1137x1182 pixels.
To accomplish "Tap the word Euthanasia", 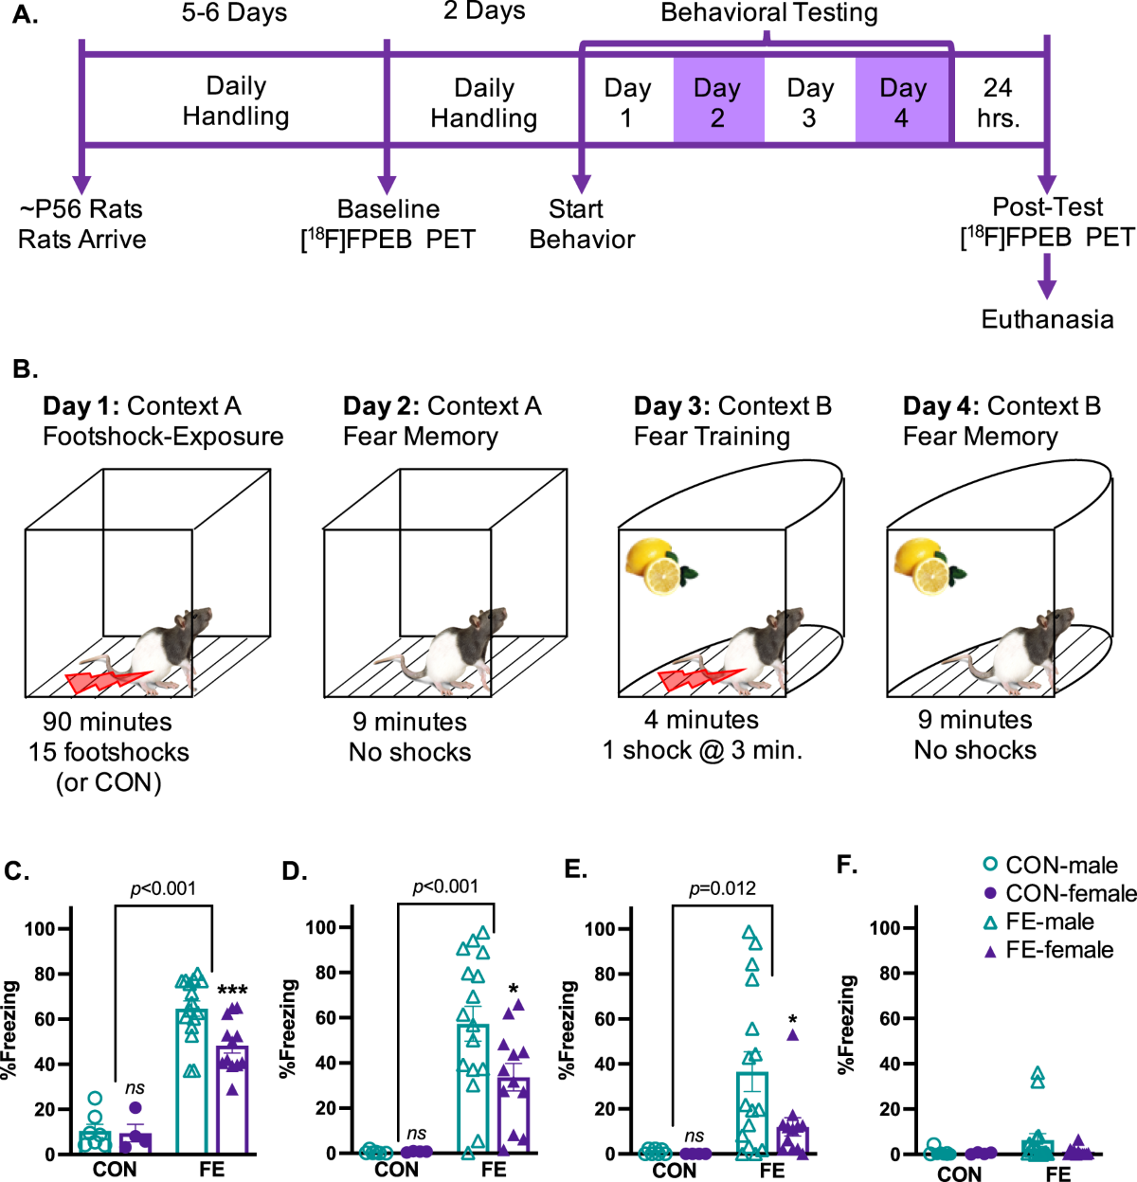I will pyautogui.click(x=1047, y=319).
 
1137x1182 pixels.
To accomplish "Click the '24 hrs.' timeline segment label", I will pyautogui.click(x=998, y=102).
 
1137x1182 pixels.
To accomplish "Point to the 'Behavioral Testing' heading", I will pyautogui.click(x=768, y=13).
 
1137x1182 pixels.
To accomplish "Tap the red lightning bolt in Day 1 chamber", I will pyautogui.click(x=107, y=680).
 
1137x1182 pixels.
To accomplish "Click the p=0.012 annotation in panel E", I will pyautogui.click(x=722, y=888).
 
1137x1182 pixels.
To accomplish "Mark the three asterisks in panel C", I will pyautogui.click(x=232, y=991).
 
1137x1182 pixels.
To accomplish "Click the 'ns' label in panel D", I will pyautogui.click(x=416, y=1134).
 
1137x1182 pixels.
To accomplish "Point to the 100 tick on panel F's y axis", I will pyautogui.click(x=885, y=928).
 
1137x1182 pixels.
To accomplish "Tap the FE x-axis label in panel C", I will pyautogui.click(x=211, y=1170).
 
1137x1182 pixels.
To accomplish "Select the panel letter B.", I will pyautogui.click(x=26, y=369).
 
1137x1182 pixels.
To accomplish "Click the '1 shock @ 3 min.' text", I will pyautogui.click(x=702, y=751).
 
